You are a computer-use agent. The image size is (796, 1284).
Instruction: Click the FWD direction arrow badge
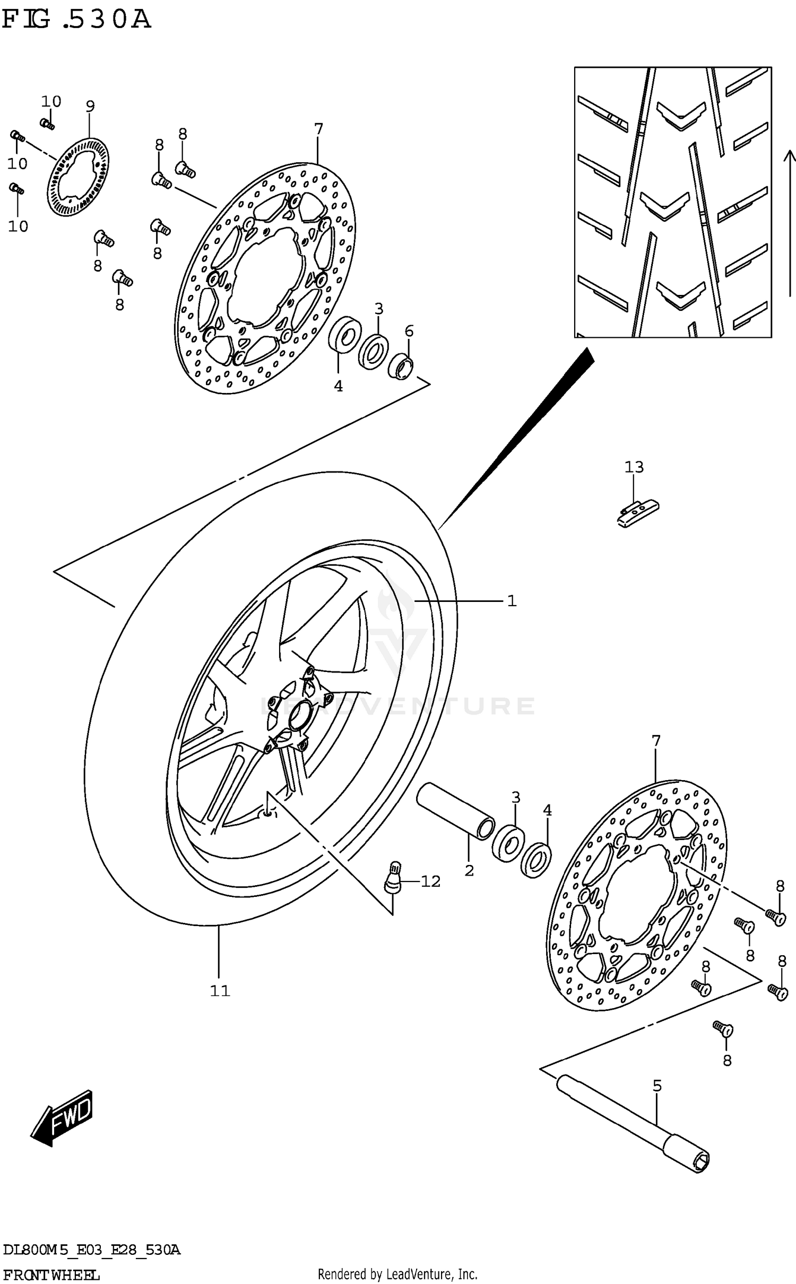coord(63,1119)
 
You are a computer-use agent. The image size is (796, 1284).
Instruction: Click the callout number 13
coord(634,467)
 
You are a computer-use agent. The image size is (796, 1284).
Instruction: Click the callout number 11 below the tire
coord(220,991)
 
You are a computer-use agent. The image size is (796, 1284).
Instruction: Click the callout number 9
coord(90,107)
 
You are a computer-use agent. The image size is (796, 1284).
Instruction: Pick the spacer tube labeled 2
coord(455,812)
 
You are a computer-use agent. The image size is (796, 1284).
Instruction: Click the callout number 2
coord(469,870)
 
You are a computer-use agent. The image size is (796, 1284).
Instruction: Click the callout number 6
coord(409,331)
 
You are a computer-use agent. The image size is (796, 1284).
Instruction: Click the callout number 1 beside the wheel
coord(512,601)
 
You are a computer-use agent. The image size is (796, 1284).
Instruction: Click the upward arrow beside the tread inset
coord(790,223)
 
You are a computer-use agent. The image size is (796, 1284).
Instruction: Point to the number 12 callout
coord(430,881)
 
